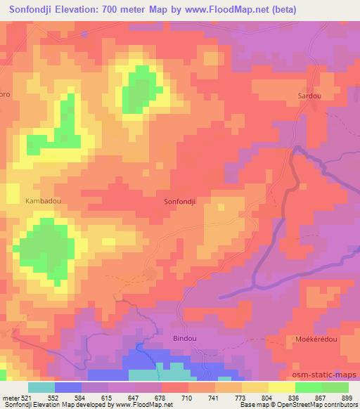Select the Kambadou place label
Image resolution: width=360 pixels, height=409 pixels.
(43, 200)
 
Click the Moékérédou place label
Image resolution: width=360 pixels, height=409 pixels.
(311, 338)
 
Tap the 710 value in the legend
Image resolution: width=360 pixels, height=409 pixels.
(187, 398)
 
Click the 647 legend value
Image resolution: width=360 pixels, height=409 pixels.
(134, 398)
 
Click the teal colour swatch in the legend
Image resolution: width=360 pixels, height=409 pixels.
(41, 387)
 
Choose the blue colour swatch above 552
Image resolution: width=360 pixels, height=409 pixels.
(67, 387)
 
